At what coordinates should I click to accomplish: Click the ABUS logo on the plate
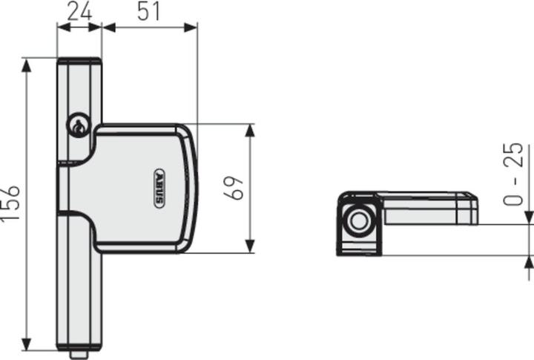point(160,188)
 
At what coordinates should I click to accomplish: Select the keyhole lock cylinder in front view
point(77,127)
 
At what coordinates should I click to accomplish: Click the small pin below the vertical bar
point(79,354)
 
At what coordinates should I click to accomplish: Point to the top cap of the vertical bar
point(79,62)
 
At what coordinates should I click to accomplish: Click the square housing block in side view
point(359,223)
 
